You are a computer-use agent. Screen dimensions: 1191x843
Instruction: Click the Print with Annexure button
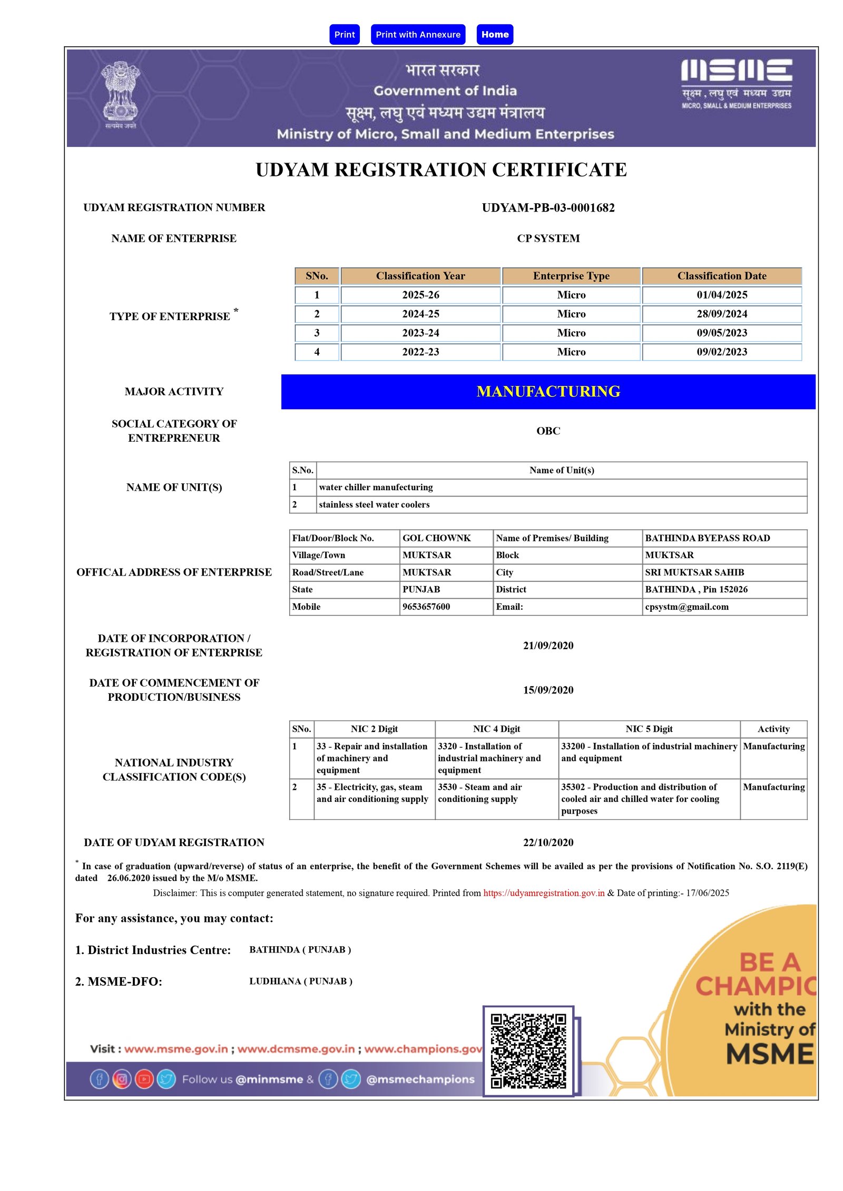(418, 35)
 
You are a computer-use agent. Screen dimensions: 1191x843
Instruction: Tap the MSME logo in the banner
(736, 83)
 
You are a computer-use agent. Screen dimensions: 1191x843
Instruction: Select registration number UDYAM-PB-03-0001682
(548, 207)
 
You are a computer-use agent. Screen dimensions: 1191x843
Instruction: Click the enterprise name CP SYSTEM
(548, 238)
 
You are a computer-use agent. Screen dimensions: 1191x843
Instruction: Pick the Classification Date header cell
(721, 276)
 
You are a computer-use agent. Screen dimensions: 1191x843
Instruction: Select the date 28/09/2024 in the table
(721, 314)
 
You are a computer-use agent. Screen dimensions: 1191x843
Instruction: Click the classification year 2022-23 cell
(420, 352)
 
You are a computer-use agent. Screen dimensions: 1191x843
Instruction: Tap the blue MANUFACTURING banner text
(548, 391)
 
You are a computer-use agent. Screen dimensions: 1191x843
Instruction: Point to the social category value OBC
(548, 431)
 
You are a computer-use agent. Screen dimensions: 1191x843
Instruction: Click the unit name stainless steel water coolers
(374, 504)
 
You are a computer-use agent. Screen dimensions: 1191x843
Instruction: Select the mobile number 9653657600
(426, 607)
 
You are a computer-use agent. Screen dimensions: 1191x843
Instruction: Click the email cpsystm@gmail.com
(687, 607)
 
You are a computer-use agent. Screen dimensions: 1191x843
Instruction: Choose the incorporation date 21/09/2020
(548, 646)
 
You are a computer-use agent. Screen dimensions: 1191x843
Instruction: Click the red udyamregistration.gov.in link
(544, 893)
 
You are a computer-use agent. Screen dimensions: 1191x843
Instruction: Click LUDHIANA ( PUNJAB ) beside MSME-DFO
(301, 981)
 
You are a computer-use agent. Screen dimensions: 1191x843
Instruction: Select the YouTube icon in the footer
(144, 1079)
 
